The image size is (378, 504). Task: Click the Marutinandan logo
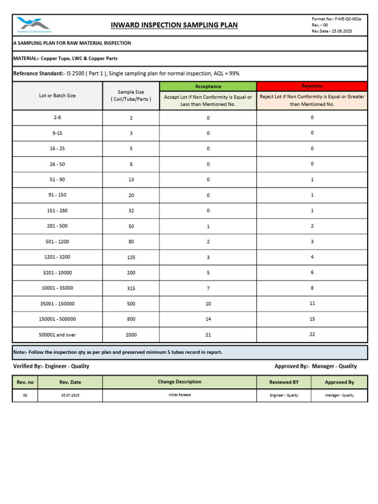coord(33,25)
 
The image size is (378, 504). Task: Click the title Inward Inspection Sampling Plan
coord(174,25)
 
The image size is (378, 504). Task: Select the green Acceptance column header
coord(208,86)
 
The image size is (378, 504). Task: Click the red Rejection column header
coord(312,86)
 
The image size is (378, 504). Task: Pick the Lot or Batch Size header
coord(58,95)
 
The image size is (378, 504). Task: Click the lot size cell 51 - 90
coord(58,180)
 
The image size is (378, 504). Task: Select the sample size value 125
coord(131,257)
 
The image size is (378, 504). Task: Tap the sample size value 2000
coord(131,335)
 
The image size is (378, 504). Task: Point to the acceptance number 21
coord(208,335)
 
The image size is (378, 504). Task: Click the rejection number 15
coord(312,319)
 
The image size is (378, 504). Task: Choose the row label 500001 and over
coord(58,335)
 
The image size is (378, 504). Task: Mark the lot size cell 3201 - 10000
coord(58,273)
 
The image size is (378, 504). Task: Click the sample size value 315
coord(131,288)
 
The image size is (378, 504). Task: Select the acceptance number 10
coord(208,304)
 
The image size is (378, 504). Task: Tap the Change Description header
coord(180,382)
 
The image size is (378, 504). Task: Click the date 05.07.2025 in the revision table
coord(70,395)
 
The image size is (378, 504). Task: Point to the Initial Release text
coord(180,395)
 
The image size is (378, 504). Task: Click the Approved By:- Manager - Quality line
coord(315,366)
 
